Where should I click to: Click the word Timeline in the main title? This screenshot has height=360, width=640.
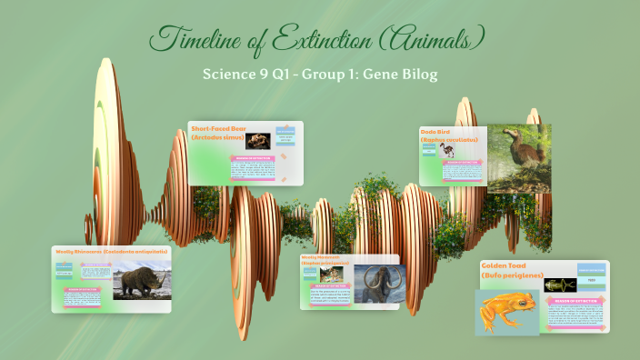click(x=194, y=39)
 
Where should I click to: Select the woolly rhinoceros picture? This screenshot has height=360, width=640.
click(x=141, y=280)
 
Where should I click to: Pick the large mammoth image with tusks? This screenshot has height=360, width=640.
click(x=375, y=283)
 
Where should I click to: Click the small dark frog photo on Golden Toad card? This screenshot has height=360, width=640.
click(x=560, y=285)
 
